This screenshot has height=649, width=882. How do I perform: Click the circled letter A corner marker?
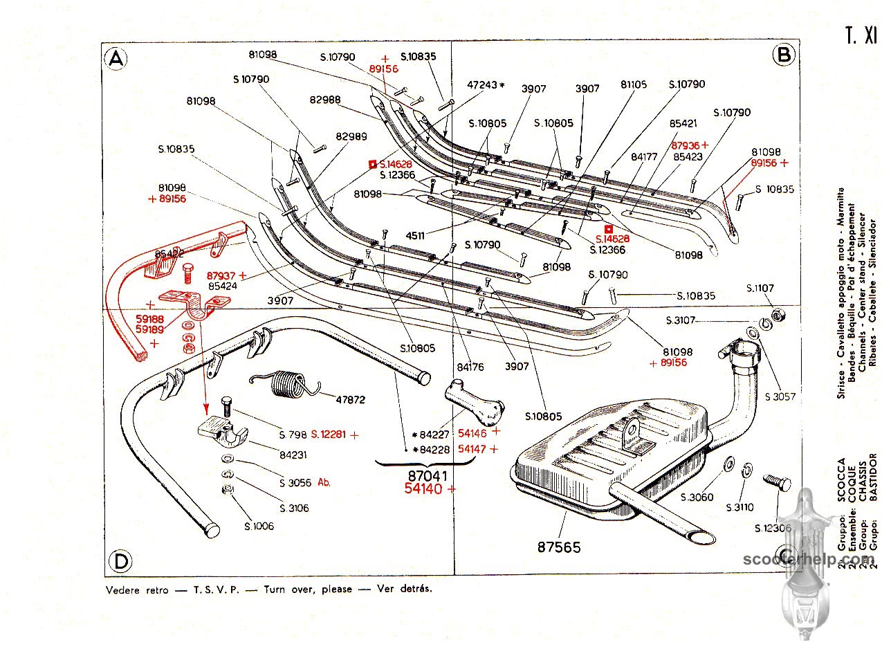click(116, 59)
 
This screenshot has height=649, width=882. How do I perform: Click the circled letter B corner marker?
click(783, 53)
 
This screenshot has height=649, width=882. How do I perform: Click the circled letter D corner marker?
click(120, 562)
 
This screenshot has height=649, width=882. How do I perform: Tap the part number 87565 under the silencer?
click(559, 547)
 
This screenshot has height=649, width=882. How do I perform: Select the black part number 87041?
click(427, 476)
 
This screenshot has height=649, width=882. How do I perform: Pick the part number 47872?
click(350, 400)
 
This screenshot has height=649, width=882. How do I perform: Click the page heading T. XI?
click(861, 36)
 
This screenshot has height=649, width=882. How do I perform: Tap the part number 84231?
click(294, 455)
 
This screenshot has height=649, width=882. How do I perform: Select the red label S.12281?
click(329, 435)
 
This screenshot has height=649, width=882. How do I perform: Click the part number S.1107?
click(760, 287)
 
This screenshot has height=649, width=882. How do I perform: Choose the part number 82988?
click(325, 100)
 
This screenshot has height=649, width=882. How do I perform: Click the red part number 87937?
click(223, 275)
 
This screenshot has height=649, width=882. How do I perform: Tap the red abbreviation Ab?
click(324, 482)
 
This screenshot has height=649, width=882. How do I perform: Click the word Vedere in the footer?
click(122, 590)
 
